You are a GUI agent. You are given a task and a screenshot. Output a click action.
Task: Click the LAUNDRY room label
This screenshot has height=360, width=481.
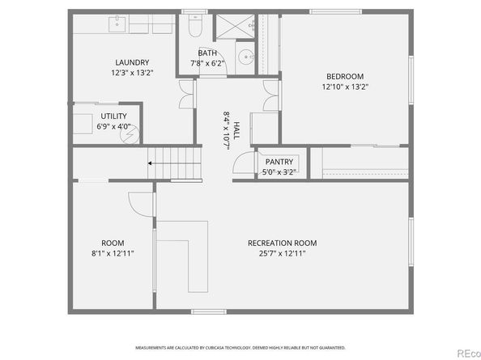132,62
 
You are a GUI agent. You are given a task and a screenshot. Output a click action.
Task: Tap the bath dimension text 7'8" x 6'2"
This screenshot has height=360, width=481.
207,63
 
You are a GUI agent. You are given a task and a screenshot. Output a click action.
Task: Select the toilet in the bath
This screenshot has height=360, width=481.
194,26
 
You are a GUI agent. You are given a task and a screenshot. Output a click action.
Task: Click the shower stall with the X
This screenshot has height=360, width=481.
235,26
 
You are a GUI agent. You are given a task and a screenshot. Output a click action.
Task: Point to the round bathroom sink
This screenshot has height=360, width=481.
245,57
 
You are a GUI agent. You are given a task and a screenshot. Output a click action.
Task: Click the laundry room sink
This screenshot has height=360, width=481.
117,24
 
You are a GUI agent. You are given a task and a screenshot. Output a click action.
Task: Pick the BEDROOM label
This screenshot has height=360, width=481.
345,76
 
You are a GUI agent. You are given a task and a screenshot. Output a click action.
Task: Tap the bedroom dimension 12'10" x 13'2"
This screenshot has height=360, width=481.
345,87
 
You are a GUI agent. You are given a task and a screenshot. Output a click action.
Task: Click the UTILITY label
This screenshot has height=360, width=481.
113,116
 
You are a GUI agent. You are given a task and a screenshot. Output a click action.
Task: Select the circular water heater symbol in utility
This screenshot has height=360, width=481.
130,134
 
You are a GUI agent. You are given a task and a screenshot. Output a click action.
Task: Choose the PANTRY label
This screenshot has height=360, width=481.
279,162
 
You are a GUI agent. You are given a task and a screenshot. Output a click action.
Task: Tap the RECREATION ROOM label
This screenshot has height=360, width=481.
283,243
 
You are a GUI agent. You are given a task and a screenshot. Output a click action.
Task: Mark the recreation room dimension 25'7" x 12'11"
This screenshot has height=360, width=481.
283,254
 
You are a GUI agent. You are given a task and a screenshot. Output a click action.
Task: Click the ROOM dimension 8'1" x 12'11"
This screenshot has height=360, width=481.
113,254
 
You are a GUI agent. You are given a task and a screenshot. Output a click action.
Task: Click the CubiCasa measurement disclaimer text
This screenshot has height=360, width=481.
240,348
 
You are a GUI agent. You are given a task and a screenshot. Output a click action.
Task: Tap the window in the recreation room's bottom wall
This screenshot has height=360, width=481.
209,312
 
